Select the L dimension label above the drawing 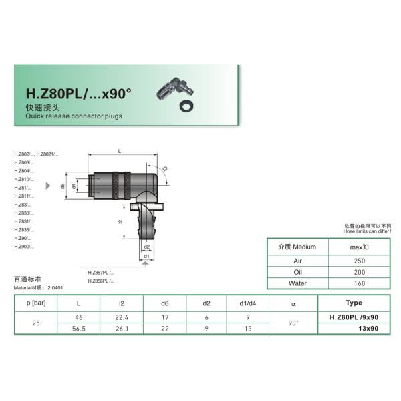(x=119, y=152)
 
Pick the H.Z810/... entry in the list (x=23, y=180)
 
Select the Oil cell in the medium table (x=298, y=272)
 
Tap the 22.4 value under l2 (x=121, y=317)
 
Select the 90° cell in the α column (x=293, y=323)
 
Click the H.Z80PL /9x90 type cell (x=354, y=317)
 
